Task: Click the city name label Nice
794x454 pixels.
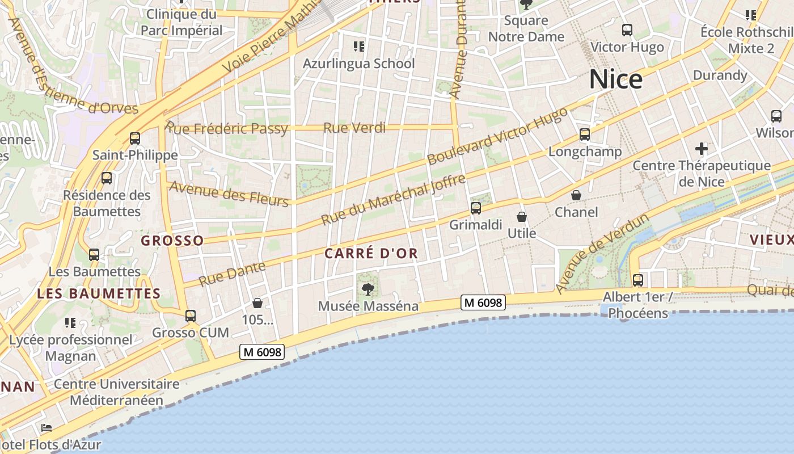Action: click(x=615, y=79)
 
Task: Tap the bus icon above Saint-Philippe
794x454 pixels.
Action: click(x=135, y=138)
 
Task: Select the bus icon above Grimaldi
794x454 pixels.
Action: click(x=476, y=208)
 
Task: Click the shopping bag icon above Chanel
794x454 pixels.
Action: click(x=576, y=196)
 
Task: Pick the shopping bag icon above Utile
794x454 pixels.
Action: click(x=522, y=217)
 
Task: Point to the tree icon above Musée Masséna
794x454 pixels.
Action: click(x=368, y=289)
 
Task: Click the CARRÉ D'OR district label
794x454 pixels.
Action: click(x=371, y=254)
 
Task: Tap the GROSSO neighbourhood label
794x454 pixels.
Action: click(x=172, y=241)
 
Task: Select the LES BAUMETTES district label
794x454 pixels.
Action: click(x=99, y=293)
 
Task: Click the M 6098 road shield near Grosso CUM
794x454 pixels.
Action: click(x=261, y=352)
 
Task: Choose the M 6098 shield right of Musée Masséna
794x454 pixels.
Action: click(x=483, y=302)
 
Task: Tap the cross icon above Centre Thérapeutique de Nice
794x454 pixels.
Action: click(x=702, y=149)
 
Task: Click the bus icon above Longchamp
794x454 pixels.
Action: click(x=585, y=134)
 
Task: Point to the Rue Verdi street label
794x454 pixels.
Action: click(x=354, y=128)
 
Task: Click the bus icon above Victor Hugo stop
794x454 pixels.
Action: click(x=627, y=30)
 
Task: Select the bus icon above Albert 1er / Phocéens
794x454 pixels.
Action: click(x=638, y=280)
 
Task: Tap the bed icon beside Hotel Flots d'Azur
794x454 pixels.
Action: click(x=47, y=427)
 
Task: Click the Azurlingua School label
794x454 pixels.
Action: click(x=359, y=64)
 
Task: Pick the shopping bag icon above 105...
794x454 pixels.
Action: click(x=257, y=303)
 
